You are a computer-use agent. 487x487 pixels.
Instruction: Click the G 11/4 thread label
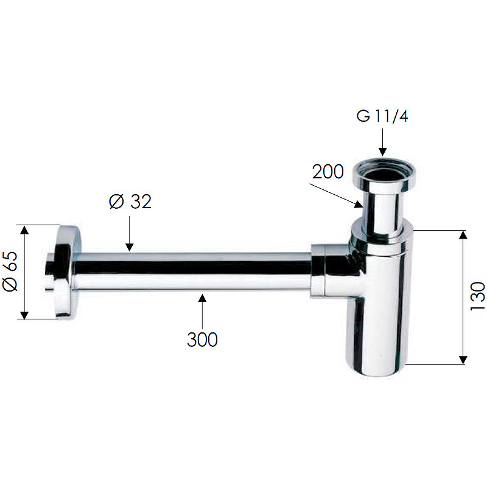pyautogui.click(x=382, y=116)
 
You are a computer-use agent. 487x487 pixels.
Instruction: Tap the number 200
pyautogui.click(x=328, y=172)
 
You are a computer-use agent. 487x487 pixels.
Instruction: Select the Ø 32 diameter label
pyautogui.click(x=130, y=201)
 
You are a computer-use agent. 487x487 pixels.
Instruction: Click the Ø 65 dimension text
pyautogui.click(x=10, y=272)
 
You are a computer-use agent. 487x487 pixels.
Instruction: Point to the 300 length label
pyautogui.click(x=202, y=340)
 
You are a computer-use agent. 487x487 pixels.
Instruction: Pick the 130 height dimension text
pyautogui.click(x=478, y=296)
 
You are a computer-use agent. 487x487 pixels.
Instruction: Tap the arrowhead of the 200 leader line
pyautogui.click(x=359, y=205)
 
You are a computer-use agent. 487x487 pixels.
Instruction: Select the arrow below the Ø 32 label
pyautogui.click(x=130, y=234)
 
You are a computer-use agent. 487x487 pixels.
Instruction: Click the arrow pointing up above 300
pyautogui.click(x=202, y=312)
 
